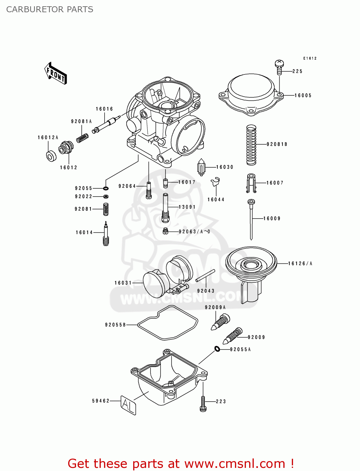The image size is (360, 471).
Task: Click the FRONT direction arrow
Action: point(56,73)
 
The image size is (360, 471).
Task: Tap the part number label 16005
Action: point(303,95)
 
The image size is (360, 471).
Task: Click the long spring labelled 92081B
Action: point(251,145)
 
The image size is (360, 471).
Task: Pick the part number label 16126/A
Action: point(300,263)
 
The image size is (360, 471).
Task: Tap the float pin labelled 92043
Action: point(205,275)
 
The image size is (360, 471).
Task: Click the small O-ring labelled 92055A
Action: point(217,349)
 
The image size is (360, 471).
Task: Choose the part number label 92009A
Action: point(215,307)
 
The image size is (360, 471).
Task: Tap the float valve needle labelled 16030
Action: point(201,167)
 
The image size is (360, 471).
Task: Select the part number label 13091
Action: point(187,207)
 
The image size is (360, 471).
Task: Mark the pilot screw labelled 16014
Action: point(106,234)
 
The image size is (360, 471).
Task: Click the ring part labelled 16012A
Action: point(51,156)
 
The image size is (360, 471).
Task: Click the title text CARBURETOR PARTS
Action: point(50,9)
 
